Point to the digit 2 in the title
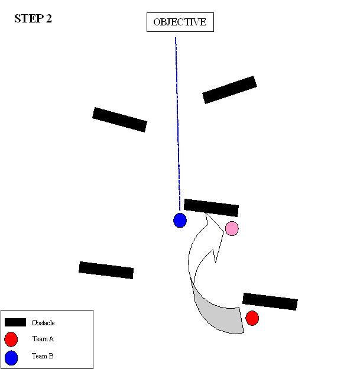click(x=48, y=18)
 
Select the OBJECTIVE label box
click(x=180, y=22)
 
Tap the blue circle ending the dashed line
click(x=180, y=221)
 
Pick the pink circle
click(x=232, y=228)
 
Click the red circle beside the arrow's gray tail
click(x=252, y=318)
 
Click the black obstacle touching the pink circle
click(x=211, y=208)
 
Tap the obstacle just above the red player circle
click(x=270, y=301)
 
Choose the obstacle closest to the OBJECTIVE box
click(x=229, y=89)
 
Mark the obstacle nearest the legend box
click(x=106, y=270)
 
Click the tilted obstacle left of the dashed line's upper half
click(x=119, y=119)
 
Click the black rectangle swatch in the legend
click(x=15, y=322)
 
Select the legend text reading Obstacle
click(x=43, y=323)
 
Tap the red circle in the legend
click(x=11, y=339)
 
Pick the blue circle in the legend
click(x=11, y=357)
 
